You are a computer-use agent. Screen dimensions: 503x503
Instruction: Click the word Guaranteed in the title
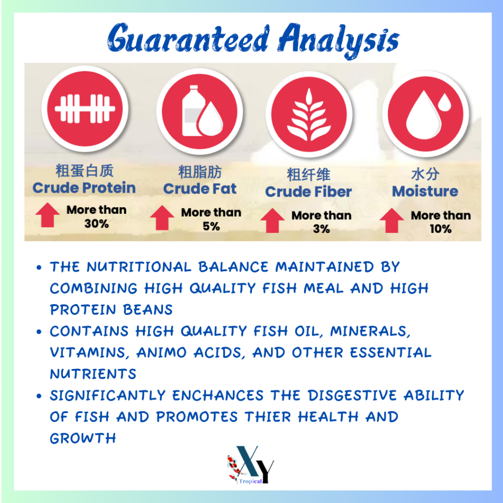(188, 38)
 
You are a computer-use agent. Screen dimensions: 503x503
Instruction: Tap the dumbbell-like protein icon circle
(85, 109)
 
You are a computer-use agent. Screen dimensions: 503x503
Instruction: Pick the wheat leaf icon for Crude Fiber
(308, 115)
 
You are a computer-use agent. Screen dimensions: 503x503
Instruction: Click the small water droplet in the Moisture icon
(445, 102)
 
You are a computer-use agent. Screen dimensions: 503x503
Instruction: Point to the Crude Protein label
(84, 188)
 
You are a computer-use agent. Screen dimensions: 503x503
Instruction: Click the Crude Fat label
(200, 189)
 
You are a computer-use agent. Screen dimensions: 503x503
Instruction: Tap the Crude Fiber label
(308, 192)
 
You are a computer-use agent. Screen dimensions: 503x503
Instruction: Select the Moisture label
(425, 191)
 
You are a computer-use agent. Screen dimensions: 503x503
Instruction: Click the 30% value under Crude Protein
(97, 224)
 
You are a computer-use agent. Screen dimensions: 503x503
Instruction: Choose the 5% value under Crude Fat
(211, 226)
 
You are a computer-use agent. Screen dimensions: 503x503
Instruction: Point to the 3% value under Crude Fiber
(321, 229)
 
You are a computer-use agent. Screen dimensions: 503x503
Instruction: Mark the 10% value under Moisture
(441, 229)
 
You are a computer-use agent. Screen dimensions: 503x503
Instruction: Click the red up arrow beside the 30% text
(48, 215)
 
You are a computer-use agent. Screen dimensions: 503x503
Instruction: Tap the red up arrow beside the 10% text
(391, 221)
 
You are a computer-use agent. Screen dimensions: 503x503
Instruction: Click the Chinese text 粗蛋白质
(84, 170)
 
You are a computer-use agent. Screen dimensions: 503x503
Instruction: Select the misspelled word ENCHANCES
(218, 395)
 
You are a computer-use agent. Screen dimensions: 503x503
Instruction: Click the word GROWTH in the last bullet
(83, 438)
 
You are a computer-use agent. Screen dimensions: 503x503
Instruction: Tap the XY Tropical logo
(251, 465)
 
